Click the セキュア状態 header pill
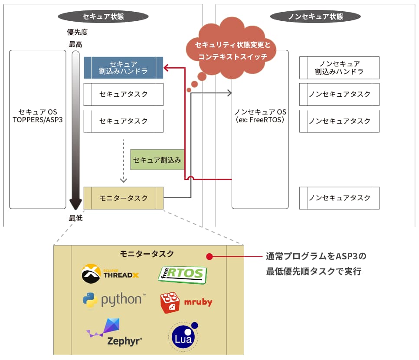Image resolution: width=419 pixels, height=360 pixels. (103, 16)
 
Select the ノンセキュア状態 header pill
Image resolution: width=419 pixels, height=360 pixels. (315, 16)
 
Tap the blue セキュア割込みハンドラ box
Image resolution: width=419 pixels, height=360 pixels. (124, 68)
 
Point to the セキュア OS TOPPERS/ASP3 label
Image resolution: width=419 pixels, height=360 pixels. (38, 116)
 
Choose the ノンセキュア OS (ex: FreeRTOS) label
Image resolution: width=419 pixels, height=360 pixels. (260, 116)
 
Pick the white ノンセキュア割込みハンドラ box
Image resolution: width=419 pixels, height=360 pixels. (339, 68)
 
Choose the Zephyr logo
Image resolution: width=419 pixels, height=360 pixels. (114, 332)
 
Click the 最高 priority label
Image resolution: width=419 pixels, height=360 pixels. (75, 44)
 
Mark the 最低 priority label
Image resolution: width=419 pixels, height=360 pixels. (75, 218)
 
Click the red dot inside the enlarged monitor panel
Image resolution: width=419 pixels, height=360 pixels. (209, 256)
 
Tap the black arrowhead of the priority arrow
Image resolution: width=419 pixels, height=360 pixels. (76, 204)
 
